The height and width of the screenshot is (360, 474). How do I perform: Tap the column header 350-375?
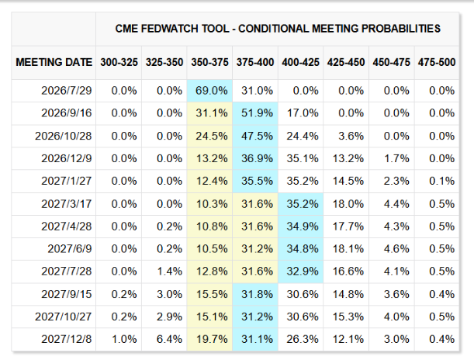pos(209,62)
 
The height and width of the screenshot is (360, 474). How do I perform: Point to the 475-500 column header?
pos(437,62)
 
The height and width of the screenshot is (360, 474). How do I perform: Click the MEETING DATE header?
pos(54,62)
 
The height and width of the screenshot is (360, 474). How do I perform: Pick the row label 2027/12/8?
pos(67,339)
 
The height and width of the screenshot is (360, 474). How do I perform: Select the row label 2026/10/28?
pos(63,136)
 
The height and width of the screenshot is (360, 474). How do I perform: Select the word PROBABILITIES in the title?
pos(401,29)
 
